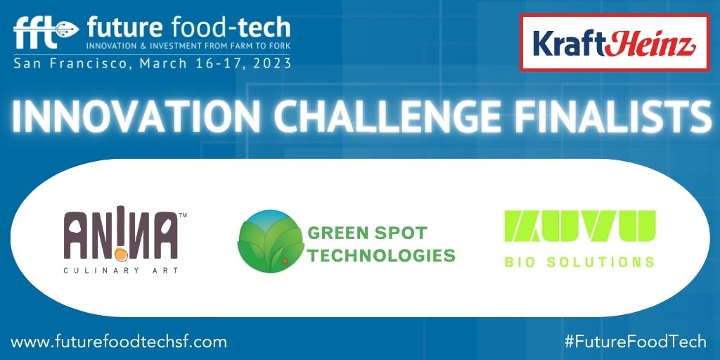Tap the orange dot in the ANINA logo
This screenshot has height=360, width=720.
121,252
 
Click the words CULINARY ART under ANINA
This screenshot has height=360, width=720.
121,271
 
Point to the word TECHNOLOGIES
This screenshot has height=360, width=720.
380,255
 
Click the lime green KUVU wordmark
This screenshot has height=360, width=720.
580,226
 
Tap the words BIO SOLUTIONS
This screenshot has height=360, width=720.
579,262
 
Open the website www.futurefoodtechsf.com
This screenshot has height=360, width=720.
118,342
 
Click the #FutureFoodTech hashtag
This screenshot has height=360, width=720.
636,342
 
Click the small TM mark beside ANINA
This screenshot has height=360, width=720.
182,214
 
